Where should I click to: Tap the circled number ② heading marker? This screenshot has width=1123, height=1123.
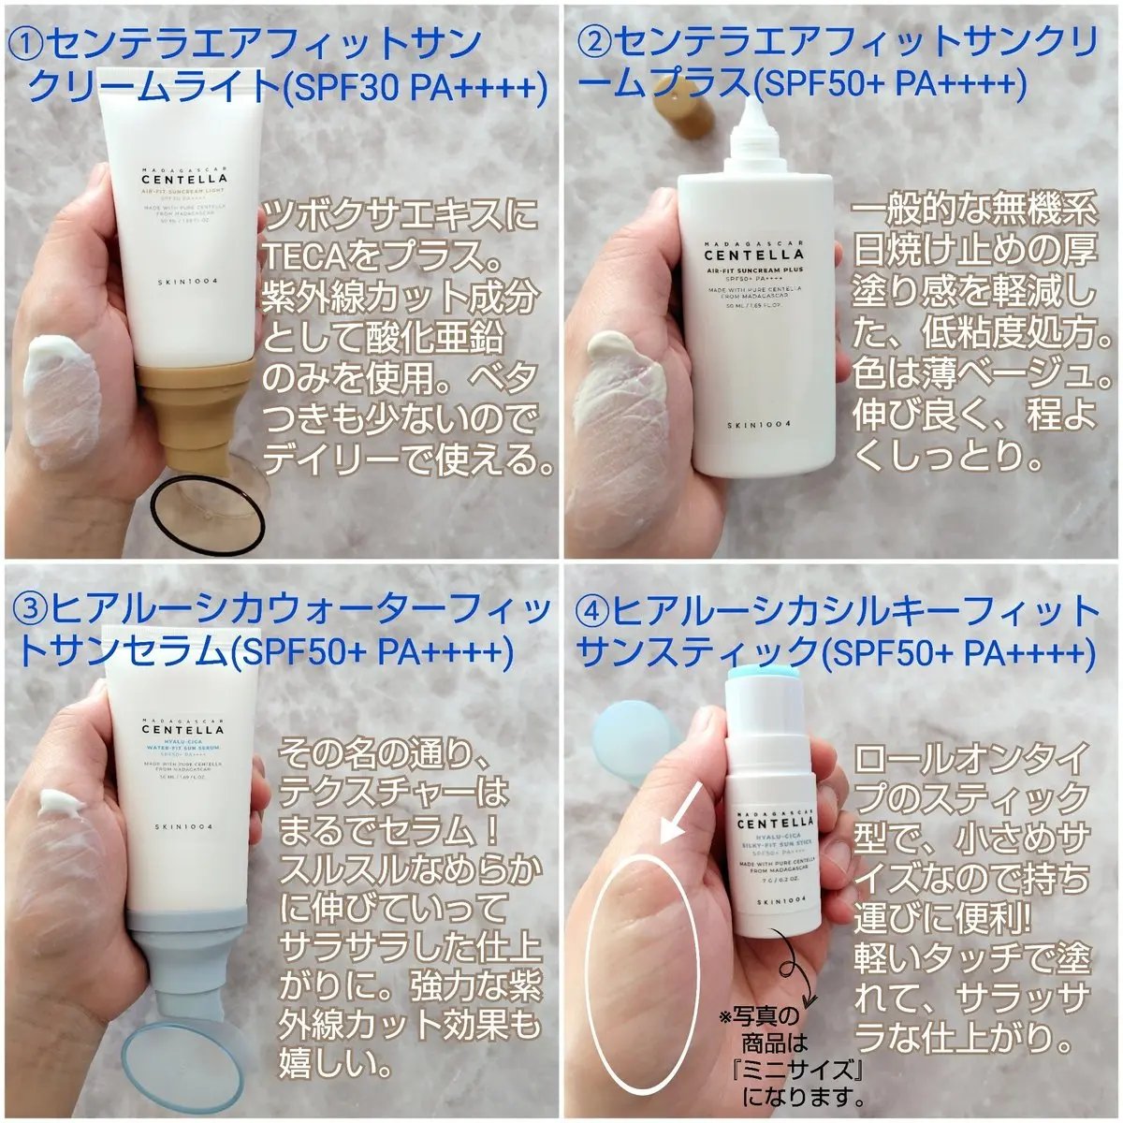click(x=596, y=42)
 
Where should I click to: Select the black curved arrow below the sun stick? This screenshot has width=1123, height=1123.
click(x=798, y=973)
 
